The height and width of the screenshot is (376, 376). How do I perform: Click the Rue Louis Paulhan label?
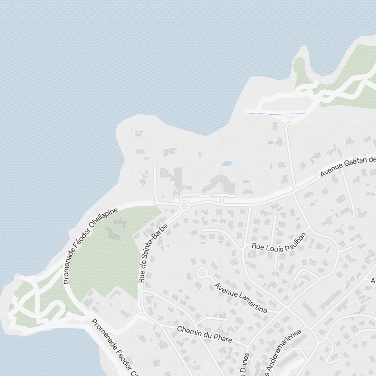pos(279,242)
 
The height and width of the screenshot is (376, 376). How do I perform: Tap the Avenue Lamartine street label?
pos(241,298)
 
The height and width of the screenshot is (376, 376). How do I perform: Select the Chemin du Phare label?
pos(204,334)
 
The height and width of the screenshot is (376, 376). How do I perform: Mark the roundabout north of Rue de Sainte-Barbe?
pos(184,206)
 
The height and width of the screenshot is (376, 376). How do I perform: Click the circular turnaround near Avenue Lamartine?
pos(202,273)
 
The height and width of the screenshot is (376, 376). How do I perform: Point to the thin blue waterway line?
pos(274,113)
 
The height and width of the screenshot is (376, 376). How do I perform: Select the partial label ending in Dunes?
pos(245,364)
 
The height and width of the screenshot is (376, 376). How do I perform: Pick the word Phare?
pos(223,338)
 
